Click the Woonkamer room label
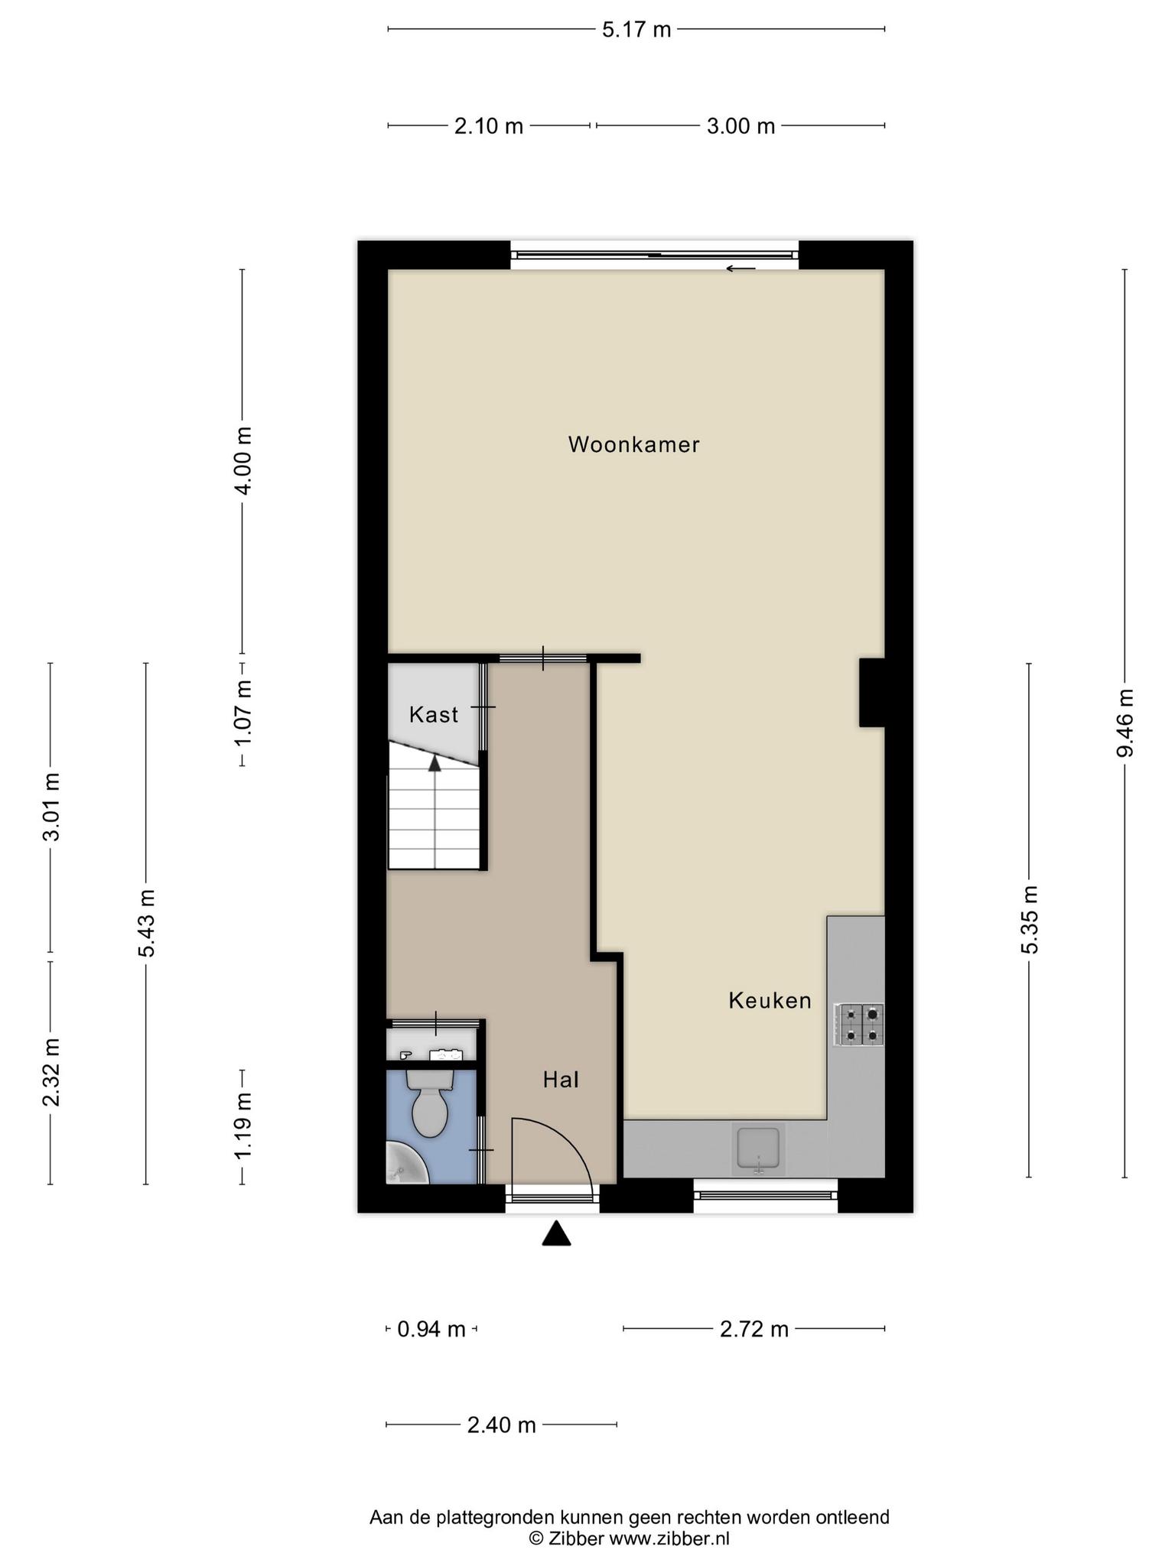(633, 444)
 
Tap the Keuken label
(769, 1000)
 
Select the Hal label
(561, 1080)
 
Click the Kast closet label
(433, 715)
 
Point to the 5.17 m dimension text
(636, 30)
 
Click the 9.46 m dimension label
(1125, 723)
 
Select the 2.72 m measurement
(753, 1329)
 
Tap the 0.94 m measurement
(431, 1329)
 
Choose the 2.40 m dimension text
(501, 1425)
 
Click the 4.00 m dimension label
(243, 460)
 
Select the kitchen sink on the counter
(757, 1149)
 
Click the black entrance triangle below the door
(556, 1234)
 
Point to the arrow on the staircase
(435, 763)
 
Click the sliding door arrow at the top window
(740, 268)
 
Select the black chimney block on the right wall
(871, 692)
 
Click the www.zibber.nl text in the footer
(669, 1538)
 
